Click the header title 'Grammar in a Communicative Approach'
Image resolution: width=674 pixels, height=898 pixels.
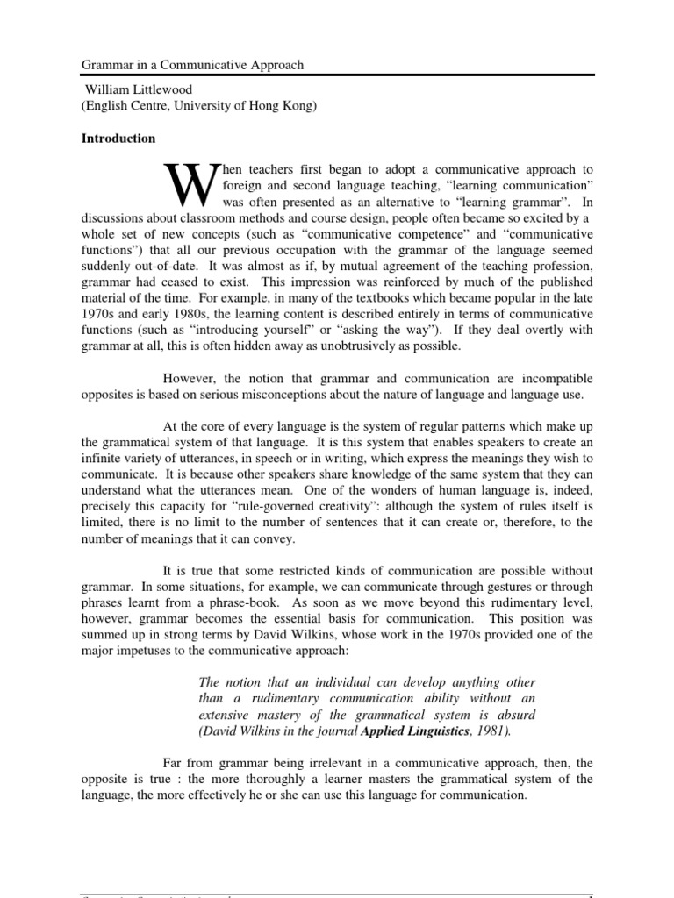[x=193, y=65]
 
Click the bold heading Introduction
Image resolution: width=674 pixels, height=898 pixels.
[x=118, y=139]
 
